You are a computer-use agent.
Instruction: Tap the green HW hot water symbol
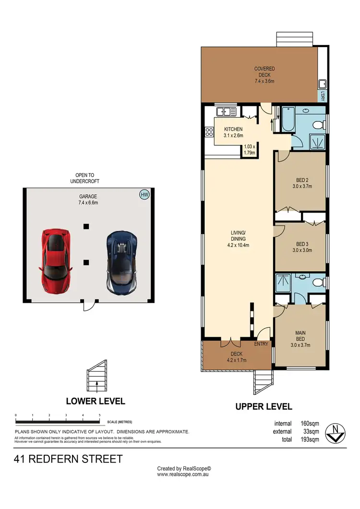point(144,194)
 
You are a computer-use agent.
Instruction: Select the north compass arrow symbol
point(334,433)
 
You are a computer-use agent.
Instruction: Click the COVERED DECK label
point(264,75)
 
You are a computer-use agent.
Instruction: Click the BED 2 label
point(302,183)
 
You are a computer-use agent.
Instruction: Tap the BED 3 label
point(302,246)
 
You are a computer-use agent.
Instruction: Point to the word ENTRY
point(262,343)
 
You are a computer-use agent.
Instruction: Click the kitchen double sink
point(226,113)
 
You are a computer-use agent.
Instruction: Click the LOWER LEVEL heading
point(95,401)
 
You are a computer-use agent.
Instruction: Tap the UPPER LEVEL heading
point(264,406)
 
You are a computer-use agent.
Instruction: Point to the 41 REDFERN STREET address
point(68,459)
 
